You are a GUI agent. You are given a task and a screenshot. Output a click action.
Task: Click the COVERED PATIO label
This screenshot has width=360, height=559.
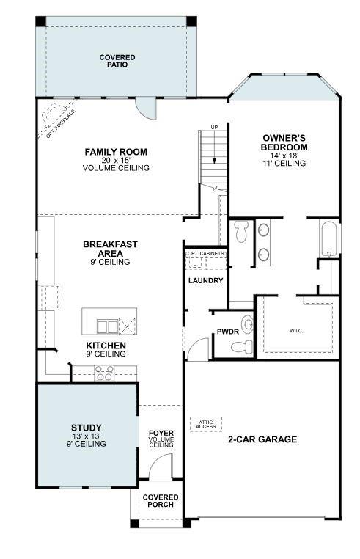point(114,60)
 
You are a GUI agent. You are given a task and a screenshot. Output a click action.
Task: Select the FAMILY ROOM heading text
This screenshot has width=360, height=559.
point(116,152)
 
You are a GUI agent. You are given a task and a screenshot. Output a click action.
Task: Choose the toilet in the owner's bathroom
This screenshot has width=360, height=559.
point(242,234)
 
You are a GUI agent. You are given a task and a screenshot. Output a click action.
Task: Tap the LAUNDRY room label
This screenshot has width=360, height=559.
point(205,280)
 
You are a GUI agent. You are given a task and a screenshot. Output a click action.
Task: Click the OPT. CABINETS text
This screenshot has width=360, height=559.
point(205,254)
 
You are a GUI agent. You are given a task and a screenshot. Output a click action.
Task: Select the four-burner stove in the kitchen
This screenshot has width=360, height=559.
point(104,373)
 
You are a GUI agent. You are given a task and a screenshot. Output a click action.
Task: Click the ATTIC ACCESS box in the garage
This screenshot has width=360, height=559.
point(205,423)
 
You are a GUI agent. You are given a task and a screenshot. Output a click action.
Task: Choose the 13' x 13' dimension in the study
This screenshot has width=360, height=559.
point(87,436)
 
